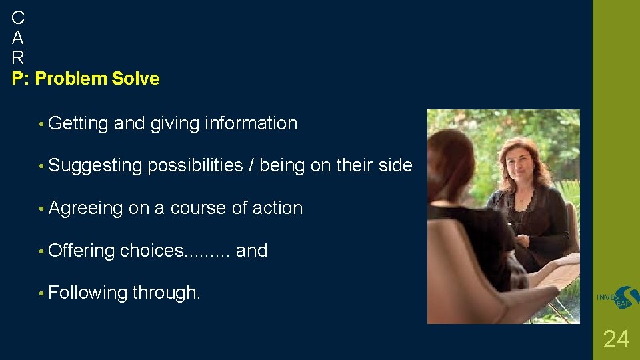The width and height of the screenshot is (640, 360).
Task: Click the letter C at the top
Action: (x=18, y=17)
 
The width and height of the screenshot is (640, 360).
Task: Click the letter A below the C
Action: (x=18, y=37)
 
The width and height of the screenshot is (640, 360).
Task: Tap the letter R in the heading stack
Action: (x=18, y=57)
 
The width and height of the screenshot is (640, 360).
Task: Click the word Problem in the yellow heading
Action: (x=71, y=79)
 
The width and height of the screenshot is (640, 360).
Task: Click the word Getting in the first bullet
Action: (x=78, y=123)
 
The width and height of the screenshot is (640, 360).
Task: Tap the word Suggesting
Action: (x=95, y=166)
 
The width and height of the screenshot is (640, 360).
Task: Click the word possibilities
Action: (x=195, y=166)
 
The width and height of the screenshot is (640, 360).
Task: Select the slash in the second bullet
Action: (x=251, y=166)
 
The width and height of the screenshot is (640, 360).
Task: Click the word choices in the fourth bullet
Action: (x=151, y=251)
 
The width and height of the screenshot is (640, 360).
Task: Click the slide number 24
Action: (x=615, y=339)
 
